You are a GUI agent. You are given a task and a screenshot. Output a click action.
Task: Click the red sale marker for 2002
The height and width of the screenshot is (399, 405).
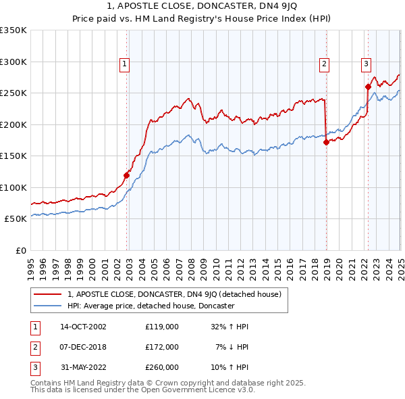(126, 175)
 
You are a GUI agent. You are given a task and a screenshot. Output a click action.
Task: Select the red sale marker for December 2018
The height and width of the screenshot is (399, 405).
(326, 142)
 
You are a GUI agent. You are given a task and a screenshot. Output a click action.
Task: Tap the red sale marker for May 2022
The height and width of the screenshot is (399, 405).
(368, 87)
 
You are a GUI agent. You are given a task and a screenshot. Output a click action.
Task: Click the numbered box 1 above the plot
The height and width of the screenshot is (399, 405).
(126, 64)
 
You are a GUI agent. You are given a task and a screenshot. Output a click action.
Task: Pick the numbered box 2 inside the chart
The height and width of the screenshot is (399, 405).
(324, 64)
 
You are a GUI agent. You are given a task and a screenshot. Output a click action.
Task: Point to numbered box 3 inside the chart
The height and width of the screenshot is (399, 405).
(366, 64)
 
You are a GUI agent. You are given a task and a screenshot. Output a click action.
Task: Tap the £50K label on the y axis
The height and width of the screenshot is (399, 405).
(16, 219)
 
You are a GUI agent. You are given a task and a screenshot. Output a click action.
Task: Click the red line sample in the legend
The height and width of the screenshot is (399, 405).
(49, 294)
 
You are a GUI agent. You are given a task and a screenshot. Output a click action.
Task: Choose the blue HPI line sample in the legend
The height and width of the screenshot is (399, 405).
(49, 306)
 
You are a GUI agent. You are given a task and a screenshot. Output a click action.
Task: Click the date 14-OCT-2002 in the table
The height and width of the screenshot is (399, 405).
(83, 326)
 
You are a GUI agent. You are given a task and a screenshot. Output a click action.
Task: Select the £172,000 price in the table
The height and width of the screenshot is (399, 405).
(162, 347)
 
